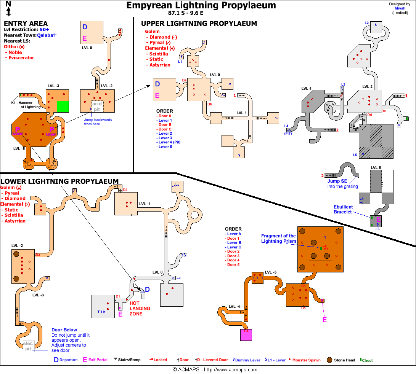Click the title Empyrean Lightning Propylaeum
coord(201,5)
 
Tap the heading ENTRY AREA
coord(26,24)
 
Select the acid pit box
coord(97,107)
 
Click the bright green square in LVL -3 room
coord(63,106)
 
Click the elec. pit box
coord(29,346)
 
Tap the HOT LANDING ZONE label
coord(140,309)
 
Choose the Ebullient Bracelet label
coord(343,209)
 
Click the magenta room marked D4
coord(246,335)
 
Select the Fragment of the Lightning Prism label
coord(278,239)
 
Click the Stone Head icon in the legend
coord(329,360)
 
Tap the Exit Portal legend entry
coord(95,360)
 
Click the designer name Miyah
coord(400,8)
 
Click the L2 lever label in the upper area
coord(366,23)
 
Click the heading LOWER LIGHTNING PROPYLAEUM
coord(59,181)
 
